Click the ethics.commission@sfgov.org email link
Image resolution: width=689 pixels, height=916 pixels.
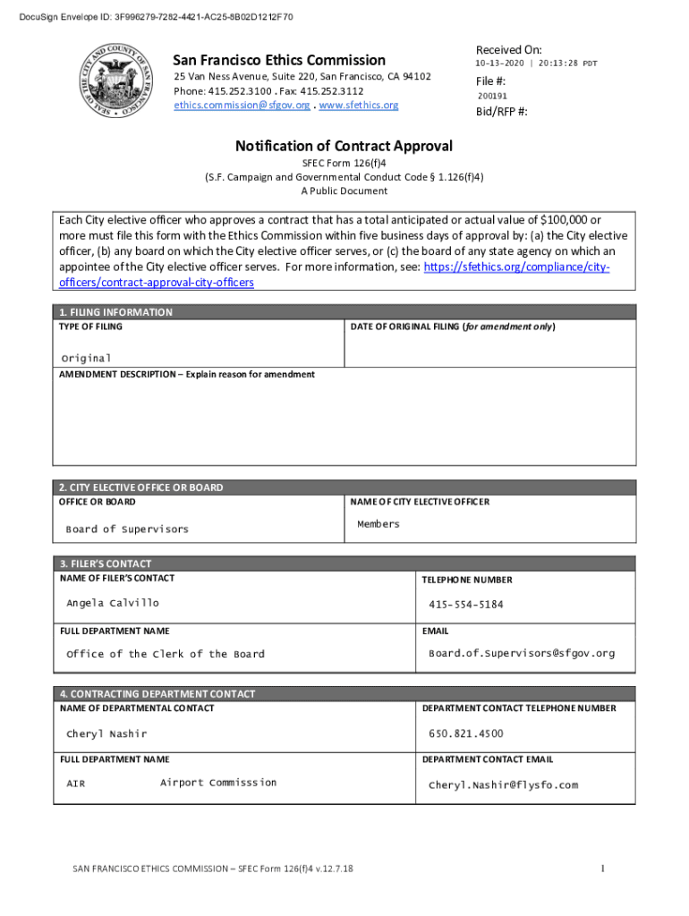tap(242, 106)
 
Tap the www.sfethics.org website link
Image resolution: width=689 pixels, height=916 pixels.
tap(359, 106)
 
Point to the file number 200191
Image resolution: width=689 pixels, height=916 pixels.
tap(492, 96)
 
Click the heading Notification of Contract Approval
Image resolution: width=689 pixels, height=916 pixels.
tap(344, 146)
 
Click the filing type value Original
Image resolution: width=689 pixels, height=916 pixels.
tap(86, 358)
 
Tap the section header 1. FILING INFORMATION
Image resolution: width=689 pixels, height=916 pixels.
tap(115, 312)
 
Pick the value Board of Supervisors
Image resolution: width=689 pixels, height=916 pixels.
tap(127, 529)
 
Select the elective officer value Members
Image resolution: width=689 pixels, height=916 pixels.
tap(379, 524)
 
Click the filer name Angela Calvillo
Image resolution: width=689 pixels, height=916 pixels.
tap(113, 603)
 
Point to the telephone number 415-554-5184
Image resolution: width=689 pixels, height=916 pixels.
tap(466, 605)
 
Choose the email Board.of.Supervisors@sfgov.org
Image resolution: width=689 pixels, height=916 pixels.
tap(522, 653)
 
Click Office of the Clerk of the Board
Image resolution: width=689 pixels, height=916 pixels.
tap(166, 654)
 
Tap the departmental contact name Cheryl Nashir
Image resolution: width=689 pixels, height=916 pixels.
tap(106, 734)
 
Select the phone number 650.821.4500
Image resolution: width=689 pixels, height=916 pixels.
tap(466, 734)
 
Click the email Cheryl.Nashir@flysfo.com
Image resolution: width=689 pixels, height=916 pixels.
tap(504, 785)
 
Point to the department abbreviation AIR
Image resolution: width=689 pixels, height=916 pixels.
tap(76, 785)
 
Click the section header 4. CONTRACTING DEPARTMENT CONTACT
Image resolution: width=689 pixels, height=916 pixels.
tap(157, 693)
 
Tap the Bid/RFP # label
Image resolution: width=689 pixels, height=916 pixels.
tap(501, 112)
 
